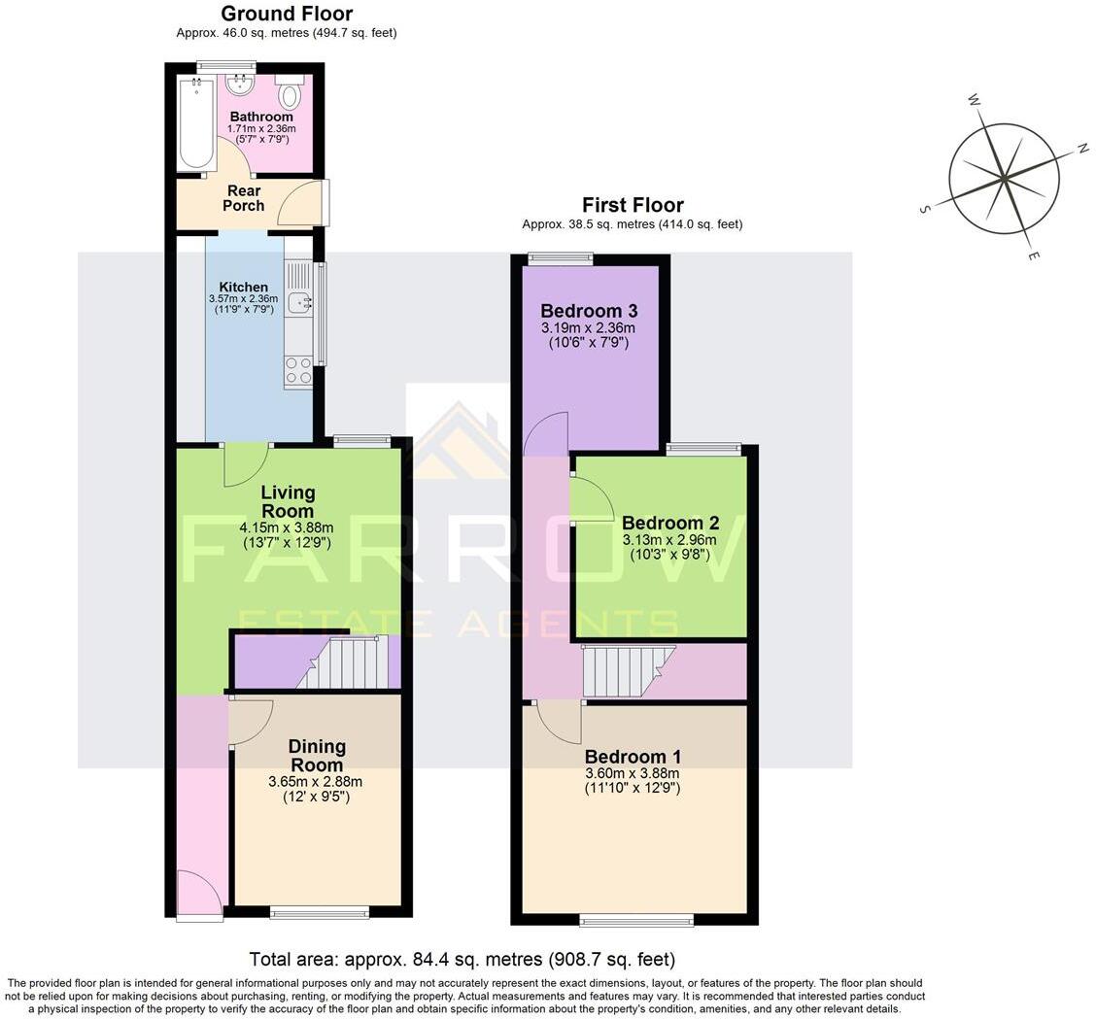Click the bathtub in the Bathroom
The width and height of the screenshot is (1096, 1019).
pos(196,123)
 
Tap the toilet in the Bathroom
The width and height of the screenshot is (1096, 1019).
pos(289,95)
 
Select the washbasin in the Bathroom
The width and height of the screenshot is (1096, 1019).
pos(239,86)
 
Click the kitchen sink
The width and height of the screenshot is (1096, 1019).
pos(298,302)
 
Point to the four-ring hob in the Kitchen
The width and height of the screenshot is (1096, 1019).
pos(298,370)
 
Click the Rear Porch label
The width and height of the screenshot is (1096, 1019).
pos(243,198)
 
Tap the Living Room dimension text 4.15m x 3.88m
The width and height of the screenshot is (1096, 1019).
pos(287,527)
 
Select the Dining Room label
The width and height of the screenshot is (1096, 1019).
pos(317,756)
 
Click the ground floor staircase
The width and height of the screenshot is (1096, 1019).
pos(345,663)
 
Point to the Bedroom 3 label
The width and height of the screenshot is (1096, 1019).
pos(589,311)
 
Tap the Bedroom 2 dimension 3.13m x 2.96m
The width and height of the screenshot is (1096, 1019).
pos(669,540)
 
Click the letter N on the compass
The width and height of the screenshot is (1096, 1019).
pos(1081,149)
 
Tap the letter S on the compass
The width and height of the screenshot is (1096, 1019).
pos(925,209)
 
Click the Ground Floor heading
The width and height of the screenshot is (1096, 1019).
pos(287,14)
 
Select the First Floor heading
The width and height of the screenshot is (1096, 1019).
pos(633,205)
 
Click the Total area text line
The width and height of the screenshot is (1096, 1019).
pos(462,960)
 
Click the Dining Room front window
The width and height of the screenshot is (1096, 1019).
pos(320,912)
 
